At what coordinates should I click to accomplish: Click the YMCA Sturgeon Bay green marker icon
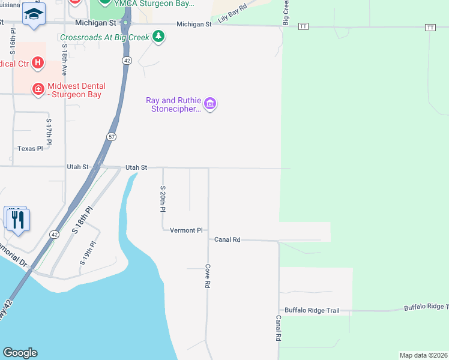(x=105, y=2)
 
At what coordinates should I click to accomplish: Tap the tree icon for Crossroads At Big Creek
(x=158, y=37)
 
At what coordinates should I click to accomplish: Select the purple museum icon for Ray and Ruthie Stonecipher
(x=210, y=104)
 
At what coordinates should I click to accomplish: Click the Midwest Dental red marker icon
(x=38, y=89)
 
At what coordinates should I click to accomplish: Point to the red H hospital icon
(x=38, y=62)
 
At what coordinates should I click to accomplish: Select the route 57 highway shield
(x=112, y=137)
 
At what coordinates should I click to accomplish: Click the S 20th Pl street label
(x=162, y=199)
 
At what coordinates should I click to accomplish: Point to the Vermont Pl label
(x=187, y=230)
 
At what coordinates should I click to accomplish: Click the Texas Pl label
(x=30, y=148)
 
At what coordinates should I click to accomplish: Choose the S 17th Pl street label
(x=49, y=131)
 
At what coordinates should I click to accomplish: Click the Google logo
(x=20, y=353)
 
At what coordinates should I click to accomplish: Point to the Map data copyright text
(x=423, y=355)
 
